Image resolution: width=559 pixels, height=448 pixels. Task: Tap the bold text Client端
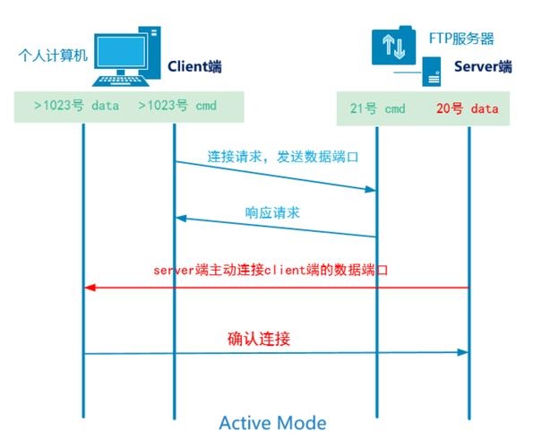(x=193, y=65)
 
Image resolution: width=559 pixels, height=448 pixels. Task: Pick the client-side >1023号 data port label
(x=76, y=105)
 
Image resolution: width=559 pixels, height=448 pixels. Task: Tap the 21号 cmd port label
(x=377, y=108)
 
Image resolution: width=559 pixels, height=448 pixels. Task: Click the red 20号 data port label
(x=467, y=108)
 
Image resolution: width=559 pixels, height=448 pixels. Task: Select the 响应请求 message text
(x=272, y=212)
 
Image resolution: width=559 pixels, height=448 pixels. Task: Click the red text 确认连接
(x=258, y=340)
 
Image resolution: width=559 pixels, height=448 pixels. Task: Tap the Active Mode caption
(x=272, y=421)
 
